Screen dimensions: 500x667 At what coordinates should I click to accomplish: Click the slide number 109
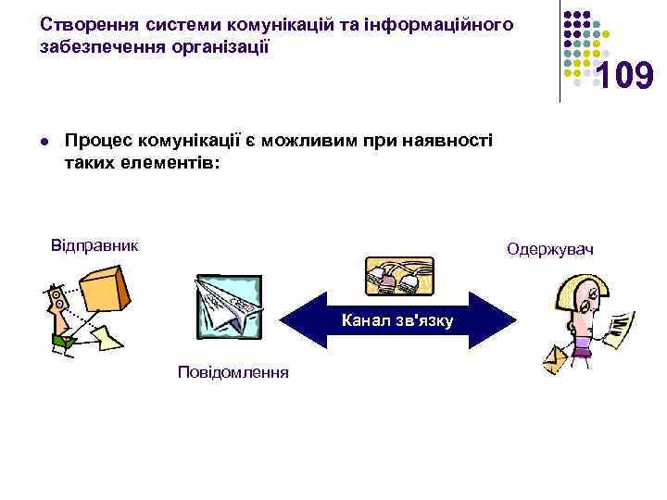pyautogui.click(x=624, y=78)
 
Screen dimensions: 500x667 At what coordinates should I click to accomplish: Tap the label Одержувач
pyautogui.click(x=550, y=250)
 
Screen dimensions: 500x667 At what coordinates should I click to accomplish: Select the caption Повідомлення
pyautogui.click(x=233, y=372)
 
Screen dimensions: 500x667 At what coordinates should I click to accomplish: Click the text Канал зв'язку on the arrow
pyautogui.click(x=396, y=321)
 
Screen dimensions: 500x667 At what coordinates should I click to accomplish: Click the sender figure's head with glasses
pyautogui.click(x=57, y=298)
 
